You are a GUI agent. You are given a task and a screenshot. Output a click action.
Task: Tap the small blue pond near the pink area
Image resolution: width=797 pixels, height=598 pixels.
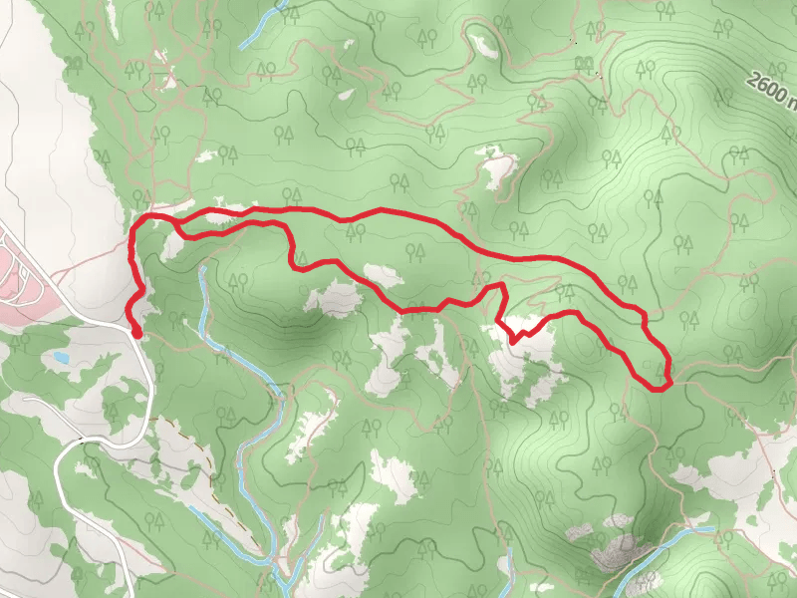(x=62, y=357)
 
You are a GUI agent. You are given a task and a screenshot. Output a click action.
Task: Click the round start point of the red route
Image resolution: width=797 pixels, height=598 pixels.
(x=135, y=333)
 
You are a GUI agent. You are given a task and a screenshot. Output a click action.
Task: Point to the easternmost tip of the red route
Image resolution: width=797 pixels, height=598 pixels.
(x=668, y=380)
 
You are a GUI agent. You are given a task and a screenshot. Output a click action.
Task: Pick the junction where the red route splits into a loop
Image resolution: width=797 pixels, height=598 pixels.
(x=176, y=221)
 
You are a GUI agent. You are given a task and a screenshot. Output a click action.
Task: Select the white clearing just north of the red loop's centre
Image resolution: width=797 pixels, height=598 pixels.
(x=384, y=274)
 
